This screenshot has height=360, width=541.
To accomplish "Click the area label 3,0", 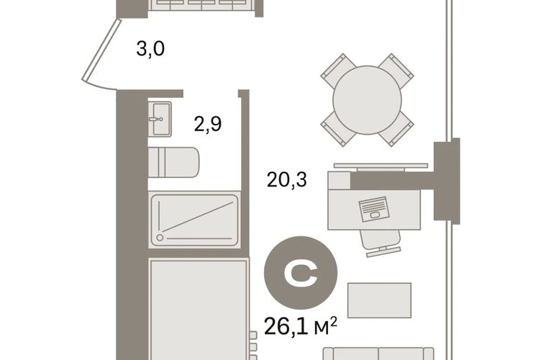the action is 150,49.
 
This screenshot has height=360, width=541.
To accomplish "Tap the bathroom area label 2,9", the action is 208,124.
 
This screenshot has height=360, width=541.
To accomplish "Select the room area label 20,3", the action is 287,180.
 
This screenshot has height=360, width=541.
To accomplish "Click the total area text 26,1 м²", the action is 301,326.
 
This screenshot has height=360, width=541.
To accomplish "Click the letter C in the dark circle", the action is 301,274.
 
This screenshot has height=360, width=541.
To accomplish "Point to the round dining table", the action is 367,100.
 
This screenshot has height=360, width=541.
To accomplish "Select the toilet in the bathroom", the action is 173,162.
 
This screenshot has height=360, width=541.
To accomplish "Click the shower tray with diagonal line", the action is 194,220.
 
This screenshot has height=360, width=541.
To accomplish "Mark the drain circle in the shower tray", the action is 160,238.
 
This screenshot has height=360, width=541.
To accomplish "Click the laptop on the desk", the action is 374,209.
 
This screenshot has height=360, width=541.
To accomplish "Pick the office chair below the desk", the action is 381,243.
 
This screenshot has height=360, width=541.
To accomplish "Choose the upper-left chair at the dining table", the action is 338,71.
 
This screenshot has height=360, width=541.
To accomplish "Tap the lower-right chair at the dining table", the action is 396,129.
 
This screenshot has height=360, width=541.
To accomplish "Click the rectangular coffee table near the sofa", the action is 379,300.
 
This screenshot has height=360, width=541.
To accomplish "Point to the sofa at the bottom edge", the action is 378,354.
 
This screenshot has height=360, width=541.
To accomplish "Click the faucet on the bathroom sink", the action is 155,120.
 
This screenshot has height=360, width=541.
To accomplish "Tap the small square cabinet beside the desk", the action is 339,180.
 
